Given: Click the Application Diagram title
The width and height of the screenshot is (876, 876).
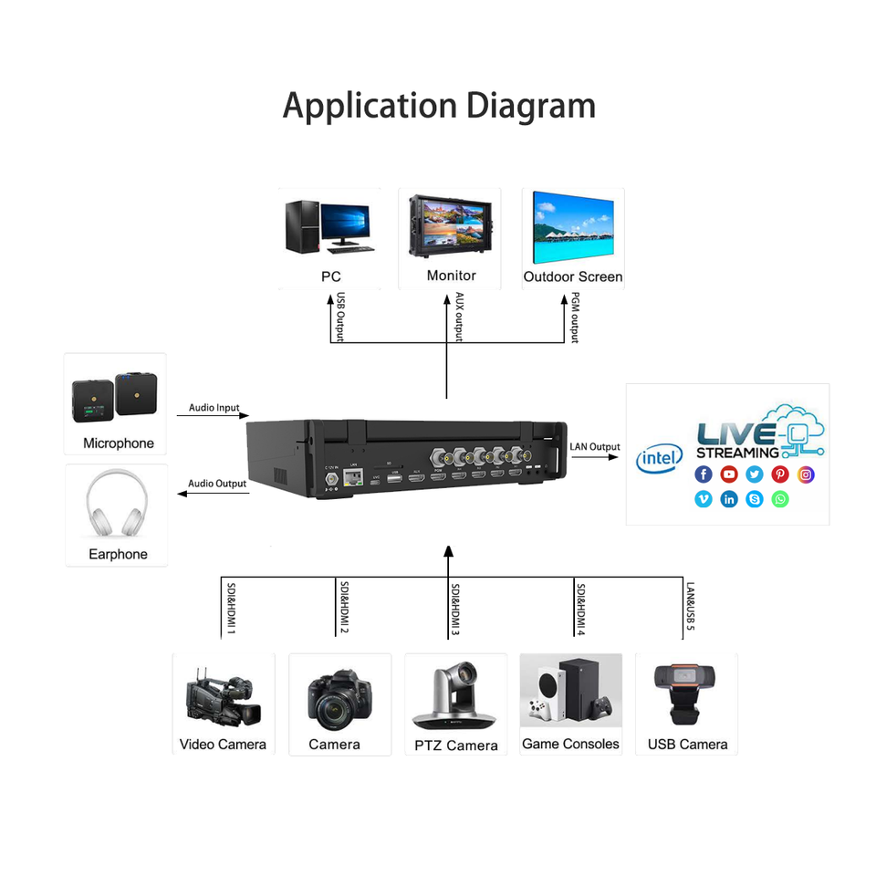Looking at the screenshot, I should (438, 105).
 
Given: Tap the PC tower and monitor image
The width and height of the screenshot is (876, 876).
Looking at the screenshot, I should (328, 225).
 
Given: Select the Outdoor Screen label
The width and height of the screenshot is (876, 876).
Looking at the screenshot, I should (573, 276).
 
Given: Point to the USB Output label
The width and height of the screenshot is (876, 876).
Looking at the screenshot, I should (340, 317).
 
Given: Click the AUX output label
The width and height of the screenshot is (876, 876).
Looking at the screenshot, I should (458, 317).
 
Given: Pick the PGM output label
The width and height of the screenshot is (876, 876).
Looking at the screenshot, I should (575, 317).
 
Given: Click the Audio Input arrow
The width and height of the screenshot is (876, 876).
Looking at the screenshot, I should (214, 416).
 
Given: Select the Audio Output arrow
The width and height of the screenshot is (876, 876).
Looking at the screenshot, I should (212, 493).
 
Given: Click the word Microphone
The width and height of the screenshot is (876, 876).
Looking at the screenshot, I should (119, 443).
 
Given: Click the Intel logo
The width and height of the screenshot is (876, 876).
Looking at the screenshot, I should (659, 458).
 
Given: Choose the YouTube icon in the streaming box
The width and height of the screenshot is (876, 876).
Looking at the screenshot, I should (728, 474).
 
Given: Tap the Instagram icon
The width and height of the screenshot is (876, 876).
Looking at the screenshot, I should (806, 474).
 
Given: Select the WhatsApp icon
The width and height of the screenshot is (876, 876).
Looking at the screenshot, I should (779, 499).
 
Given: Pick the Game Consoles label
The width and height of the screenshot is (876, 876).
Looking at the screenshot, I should (570, 744).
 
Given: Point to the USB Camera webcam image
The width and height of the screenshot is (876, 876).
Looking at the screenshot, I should (686, 693).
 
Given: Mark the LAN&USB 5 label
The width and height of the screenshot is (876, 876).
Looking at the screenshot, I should (691, 607).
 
